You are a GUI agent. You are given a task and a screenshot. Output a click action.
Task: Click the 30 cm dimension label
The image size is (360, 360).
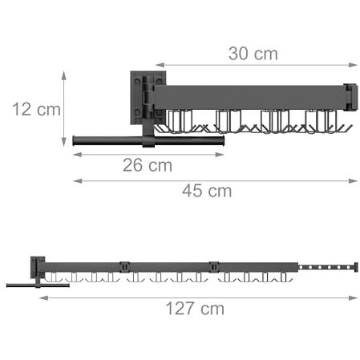253,54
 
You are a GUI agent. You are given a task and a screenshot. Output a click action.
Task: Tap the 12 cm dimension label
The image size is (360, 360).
36,109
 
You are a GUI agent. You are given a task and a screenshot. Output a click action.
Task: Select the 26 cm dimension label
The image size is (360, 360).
148,165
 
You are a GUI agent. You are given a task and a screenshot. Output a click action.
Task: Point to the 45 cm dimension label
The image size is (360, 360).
207,191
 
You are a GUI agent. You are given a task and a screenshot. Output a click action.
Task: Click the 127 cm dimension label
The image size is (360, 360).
195,309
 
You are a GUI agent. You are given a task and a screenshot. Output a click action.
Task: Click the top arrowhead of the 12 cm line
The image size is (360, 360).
63,75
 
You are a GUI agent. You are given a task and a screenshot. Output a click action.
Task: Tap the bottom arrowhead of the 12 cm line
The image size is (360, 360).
63,142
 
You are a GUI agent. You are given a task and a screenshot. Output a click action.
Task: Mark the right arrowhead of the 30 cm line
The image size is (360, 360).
354,65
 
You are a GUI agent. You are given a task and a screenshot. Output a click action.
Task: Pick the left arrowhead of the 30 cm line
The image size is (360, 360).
160,65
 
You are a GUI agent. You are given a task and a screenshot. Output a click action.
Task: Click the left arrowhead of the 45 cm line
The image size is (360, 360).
78,181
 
